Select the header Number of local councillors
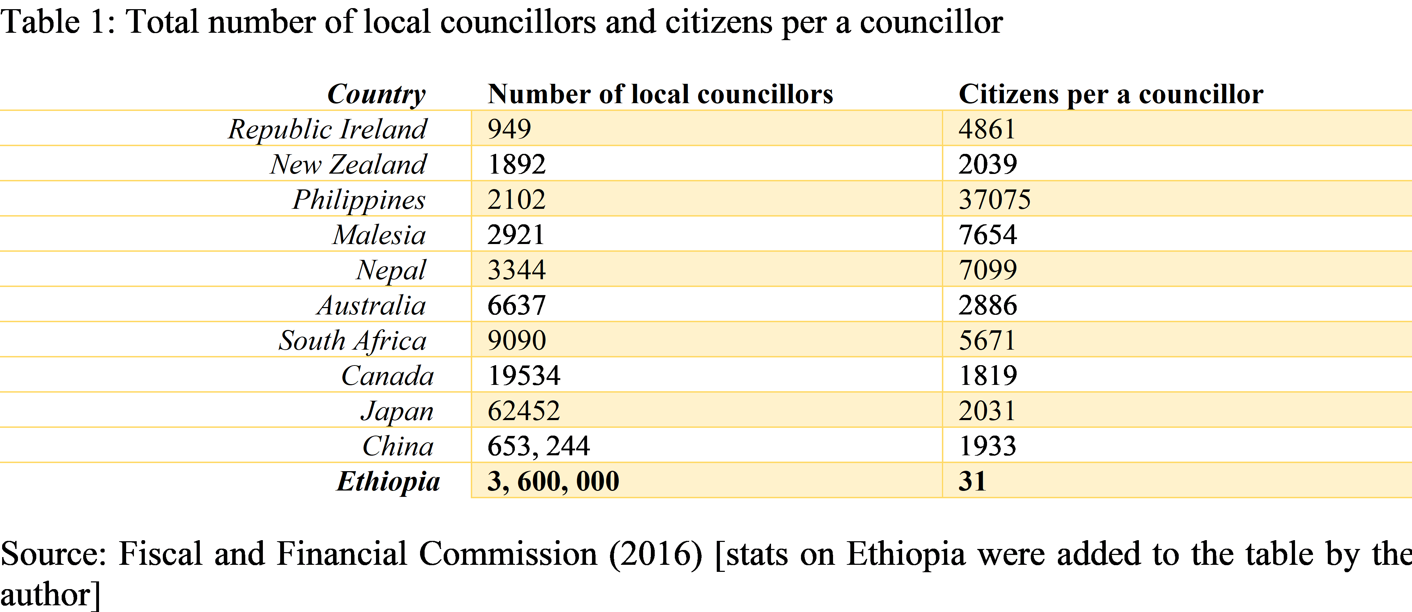coord(660,94)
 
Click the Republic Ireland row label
coord(327,129)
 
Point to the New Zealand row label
coord(348,164)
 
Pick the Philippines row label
coord(359,199)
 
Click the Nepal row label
coord(391,270)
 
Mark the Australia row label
coord(371,305)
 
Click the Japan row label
coord(397,411)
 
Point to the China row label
coord(398,446)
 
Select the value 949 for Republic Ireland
coord(509,129)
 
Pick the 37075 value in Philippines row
coord(994,199)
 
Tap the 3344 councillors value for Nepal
coord(516,270)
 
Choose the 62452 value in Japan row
coord(524,411)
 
